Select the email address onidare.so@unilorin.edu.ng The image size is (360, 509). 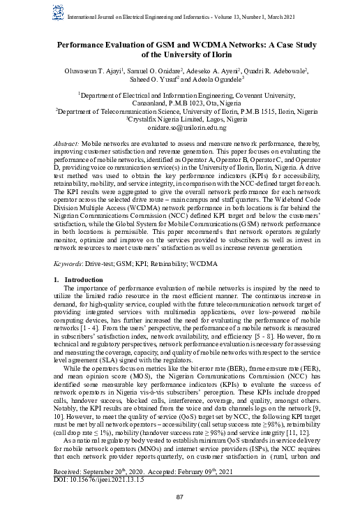tap(181, 128)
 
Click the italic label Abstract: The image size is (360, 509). tap(66, 142)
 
